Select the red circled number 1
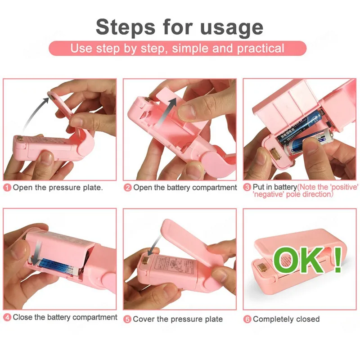pos(7,187)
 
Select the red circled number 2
pos(128,187)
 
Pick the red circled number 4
pos(7,318)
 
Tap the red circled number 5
pos(127,319)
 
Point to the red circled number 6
pos(247,319)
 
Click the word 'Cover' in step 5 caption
pos(144,319)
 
